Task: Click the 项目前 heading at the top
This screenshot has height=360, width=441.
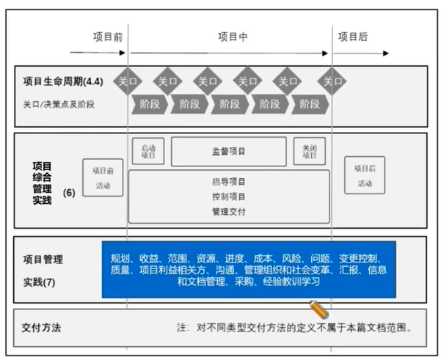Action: coord(108,37)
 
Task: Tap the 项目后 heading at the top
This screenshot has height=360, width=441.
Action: coord(353,37)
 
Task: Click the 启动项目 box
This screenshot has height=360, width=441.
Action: coord(149,151)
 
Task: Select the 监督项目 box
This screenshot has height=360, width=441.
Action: coord(229,152)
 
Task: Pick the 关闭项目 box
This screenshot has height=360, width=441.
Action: coord(310,151)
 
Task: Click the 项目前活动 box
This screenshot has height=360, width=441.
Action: coord(103,177)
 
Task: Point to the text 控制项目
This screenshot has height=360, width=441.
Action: coord(229,196)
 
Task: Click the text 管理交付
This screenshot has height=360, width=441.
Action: coord(229,211)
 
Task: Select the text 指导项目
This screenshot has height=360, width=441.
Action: coord(229,182)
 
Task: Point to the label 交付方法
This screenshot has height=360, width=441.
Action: coord(40,328)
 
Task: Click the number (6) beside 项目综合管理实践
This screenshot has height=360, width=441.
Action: coord(69,193)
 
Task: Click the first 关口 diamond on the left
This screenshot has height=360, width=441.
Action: coord(128,81)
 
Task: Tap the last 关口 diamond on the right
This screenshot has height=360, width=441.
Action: coord(333,81)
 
